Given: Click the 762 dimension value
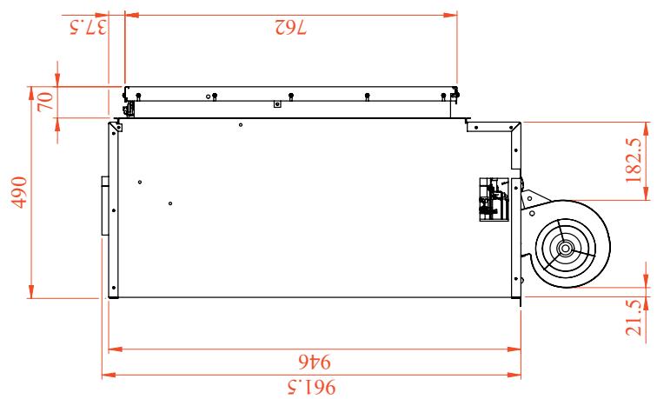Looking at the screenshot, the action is point(291,27).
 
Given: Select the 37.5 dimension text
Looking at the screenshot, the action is point(88,27).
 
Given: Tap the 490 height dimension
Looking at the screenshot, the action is point(19,192).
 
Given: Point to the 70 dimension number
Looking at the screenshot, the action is point(45,101).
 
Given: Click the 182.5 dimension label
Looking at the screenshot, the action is point(634,160).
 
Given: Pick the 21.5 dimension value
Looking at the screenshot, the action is point(634,317).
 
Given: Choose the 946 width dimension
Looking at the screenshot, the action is point(315,362).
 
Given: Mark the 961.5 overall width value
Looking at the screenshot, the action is point(312,387).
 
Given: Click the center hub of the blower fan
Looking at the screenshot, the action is point(565,249).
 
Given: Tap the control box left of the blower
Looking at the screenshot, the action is point(494,199).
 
